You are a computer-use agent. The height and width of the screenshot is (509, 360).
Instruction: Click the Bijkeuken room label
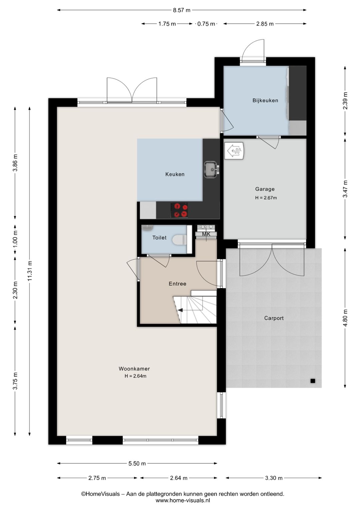[265, 100]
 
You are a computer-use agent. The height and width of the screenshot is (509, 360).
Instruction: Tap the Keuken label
[175, 174]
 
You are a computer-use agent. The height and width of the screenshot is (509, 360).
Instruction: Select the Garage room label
[265, 189]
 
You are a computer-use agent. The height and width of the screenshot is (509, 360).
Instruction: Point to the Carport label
[274, 318]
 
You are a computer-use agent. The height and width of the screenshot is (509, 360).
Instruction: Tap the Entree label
[177, 284]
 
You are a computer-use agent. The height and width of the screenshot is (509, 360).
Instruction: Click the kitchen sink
[211, 169]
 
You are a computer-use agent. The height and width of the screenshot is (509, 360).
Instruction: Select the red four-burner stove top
[179, 210]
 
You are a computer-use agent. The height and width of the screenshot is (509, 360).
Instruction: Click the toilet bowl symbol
[179, 240]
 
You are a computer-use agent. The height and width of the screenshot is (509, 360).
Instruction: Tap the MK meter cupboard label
[206, 234]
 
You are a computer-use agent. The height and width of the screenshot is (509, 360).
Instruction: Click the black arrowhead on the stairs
[180, 310]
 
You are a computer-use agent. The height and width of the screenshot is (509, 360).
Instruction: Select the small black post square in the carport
[313, 381]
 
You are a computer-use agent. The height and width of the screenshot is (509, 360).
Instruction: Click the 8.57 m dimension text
[182, 10]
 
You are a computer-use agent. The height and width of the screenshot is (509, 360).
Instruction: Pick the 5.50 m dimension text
[137, 464]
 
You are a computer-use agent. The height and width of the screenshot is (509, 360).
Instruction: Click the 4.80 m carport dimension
[345, 318]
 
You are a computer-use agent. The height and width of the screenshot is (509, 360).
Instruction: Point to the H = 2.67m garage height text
[266, 198]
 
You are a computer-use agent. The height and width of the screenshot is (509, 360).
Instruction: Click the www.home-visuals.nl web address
[183, 500]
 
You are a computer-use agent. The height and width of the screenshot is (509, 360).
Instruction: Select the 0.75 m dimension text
[206, 24]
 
